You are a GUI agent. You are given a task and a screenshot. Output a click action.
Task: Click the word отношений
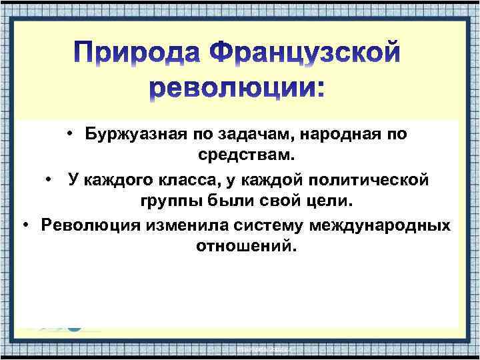[245, 247]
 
